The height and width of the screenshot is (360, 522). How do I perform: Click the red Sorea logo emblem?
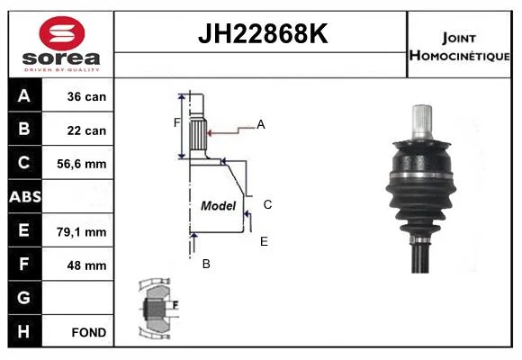point(61,33)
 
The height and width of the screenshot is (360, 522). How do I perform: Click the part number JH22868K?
point(263,33)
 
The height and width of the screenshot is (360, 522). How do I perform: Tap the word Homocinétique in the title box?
point(459,55)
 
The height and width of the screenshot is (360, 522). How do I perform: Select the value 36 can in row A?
point(86,96)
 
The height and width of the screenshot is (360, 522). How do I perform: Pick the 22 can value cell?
point(86,130)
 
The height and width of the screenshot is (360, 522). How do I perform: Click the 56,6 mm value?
point(82,164)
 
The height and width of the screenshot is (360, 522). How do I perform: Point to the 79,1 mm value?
point(82,232)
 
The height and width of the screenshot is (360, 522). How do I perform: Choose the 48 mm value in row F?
point(86,265)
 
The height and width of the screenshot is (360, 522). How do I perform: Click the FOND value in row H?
point(89,332)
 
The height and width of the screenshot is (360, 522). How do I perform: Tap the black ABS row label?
point(25,196)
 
